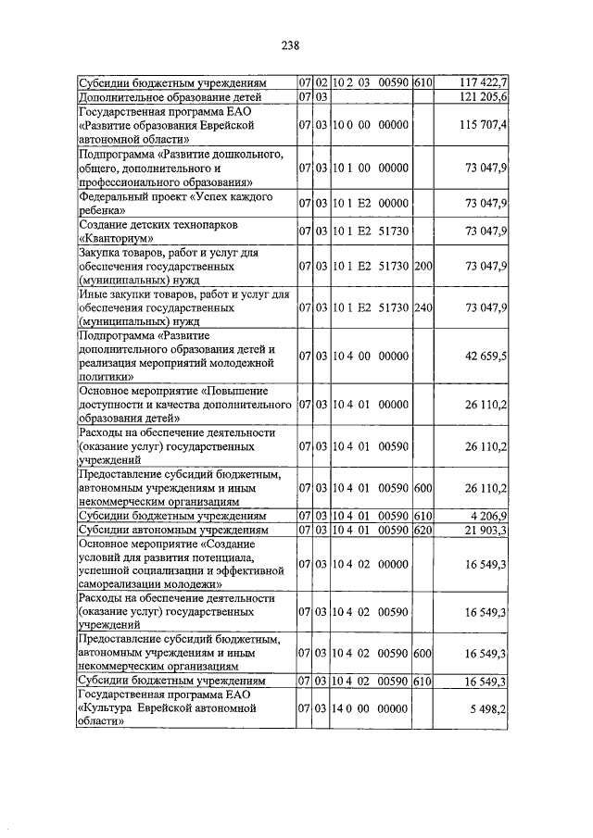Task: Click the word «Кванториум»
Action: (115, 238)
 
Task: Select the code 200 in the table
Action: (423, 267)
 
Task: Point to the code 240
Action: (423, 308)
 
